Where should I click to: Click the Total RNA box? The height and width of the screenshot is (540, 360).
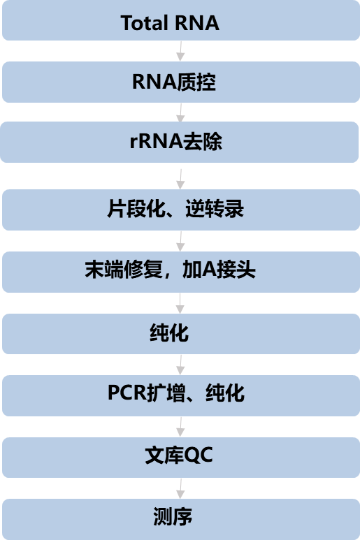pos(181,20)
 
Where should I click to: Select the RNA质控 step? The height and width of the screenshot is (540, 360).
pos(181,82)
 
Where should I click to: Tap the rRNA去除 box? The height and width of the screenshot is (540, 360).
pos(179,142)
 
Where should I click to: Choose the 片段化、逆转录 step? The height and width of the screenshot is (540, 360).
pos(181,210)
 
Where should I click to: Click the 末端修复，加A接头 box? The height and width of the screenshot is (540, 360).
pos(181,272)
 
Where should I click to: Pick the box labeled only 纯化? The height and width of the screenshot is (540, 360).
pos(181,334)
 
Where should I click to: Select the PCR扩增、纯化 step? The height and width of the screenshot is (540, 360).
pos(181,395)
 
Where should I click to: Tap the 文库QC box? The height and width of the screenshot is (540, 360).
pos(181,458)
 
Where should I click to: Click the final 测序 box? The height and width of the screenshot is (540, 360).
pos(181,519)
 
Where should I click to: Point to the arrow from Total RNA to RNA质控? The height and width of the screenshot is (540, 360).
pos(180,51)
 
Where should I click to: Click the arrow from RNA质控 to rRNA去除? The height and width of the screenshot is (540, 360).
pos(180,112)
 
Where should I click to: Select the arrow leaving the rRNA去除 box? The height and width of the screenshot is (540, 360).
pos(180,179)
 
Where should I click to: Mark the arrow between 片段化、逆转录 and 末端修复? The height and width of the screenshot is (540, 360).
pos(180,242)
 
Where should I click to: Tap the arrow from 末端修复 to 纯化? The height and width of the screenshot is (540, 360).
pos(180,303)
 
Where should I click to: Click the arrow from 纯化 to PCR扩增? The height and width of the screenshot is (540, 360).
pos(180,365)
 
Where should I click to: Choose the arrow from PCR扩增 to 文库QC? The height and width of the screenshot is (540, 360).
pos(180,427)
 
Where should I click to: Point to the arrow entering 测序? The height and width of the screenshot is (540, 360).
pos(180,489)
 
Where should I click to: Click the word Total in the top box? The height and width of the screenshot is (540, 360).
pos(144,23)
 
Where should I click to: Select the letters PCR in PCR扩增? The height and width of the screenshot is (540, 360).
pos(127,393)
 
